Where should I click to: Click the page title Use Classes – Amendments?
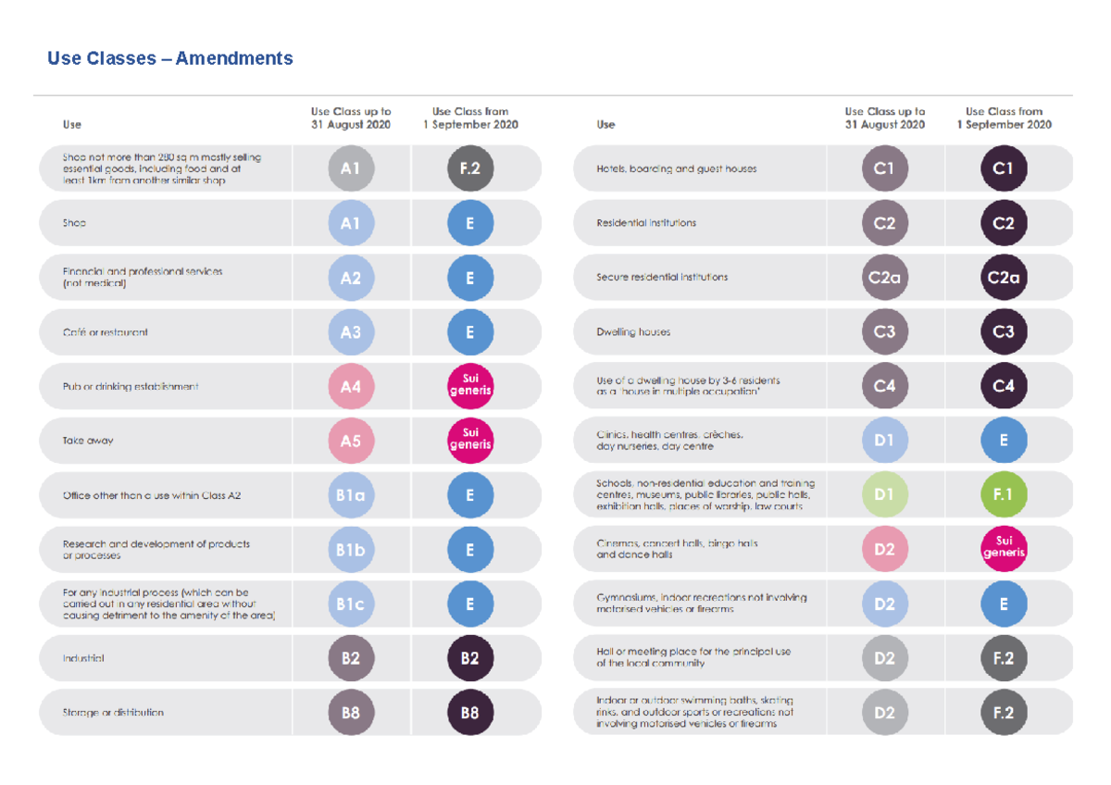click(170, 58)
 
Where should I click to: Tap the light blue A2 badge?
click(351, 278)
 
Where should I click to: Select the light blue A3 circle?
click(351, 332)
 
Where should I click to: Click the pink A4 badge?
click(351, 387)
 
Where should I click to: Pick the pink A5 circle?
click(351, 442)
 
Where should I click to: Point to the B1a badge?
click(351, 495)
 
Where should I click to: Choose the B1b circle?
click(351, 550)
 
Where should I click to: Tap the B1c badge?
click(351, 604)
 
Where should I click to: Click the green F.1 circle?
click(1004, 495)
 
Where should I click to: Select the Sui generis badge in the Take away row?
click(470, 442)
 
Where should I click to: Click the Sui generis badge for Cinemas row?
click(1004, 550)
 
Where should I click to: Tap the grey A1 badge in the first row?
click(351, 168)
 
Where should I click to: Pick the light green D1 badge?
click(884, 495)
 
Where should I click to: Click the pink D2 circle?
click(884, 550)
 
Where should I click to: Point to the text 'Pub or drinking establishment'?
click(131, 387)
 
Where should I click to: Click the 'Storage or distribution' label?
click(113, 713)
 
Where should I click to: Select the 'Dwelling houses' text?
click(634, 332)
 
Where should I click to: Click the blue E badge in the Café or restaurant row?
click(470, 332)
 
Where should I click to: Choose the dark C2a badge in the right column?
click(1004, 278)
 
